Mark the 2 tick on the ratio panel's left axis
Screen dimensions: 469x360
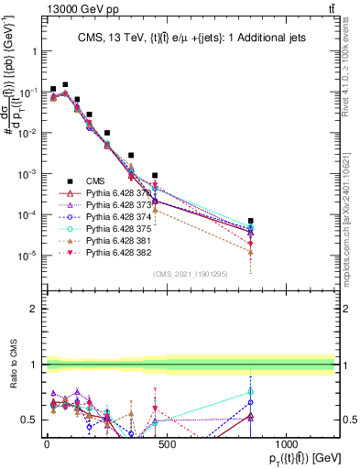click(39, 309)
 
